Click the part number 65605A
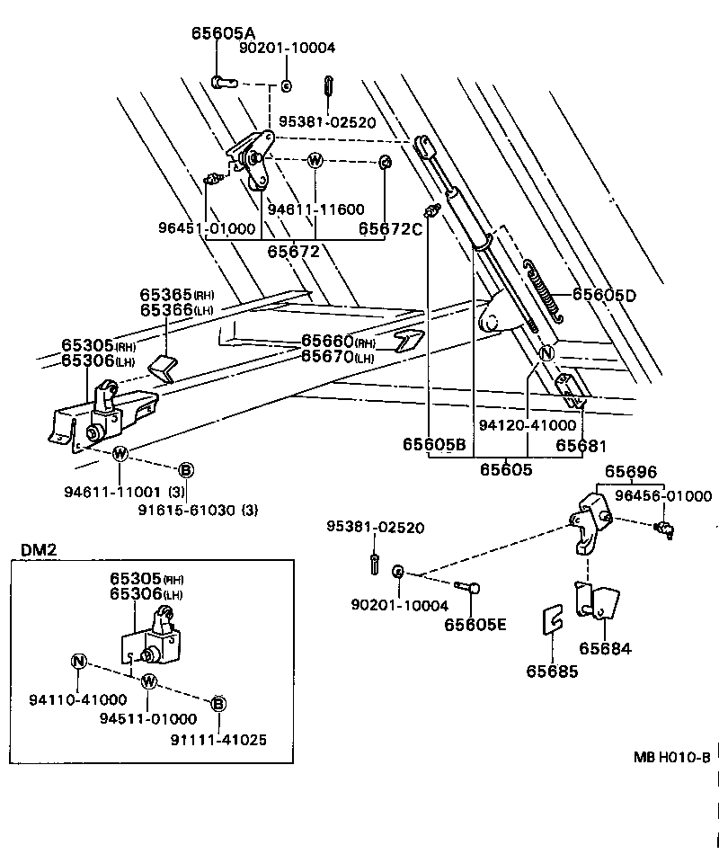(x=222, y=32)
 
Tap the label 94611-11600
(x=315, y=209)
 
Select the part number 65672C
(x=390, y=229)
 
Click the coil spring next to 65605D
(x=543, y=289)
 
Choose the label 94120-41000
(x=528, y=424)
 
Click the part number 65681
(x=581, y=445)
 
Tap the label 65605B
(x=433, y=445)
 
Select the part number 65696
(x=630, y=472)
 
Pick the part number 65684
(x=605, y=648)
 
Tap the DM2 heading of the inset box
(x=39, y=549)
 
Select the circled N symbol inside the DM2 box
(x=79, y=663)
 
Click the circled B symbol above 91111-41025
(x=217, y=704)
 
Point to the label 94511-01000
(x=147, y=719)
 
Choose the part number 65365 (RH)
(x=177, y=295)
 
